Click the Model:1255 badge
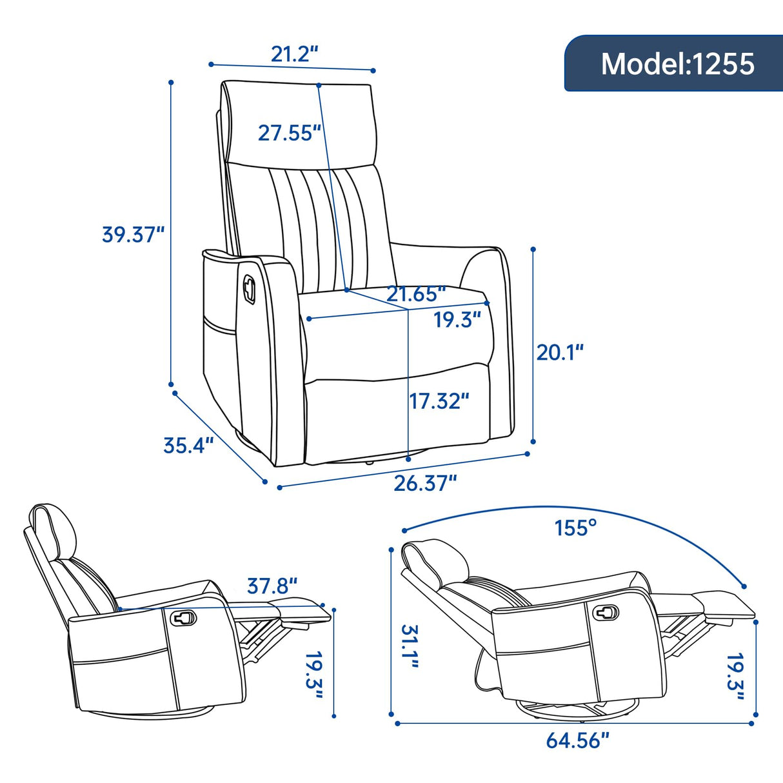pyautogui.click(x=677, y=64)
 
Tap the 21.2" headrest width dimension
pyautogui.click(x=295, y=54)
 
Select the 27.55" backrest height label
pyautogui.click(x=289, y=133)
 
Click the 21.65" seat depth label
pyautogui.click(x=416, y=294)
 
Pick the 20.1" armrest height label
pyautogui.click(x=560, y=352)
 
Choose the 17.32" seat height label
pyautogui.click(x=439, y=401)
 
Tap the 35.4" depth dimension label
pyautogui.click(x=188, y=445)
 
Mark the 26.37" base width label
pyautogui.click(x=425, y=483)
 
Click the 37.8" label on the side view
pyautogui.click(x=272, y=586)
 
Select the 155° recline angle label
pyautogui.click(x=575, y=528)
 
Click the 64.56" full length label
pyautogui.click(x=577, y=740)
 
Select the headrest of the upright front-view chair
pyautogui.click(x=300, y=123)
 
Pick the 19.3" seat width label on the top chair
pyautogui.click(x=457, y=319)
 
